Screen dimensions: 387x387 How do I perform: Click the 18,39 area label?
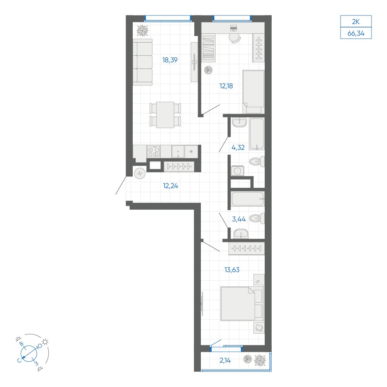(170, 60)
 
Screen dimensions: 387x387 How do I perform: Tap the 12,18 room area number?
(226, 86)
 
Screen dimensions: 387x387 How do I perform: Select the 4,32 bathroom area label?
(238, 147)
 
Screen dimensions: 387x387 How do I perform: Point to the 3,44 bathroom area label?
(239, 219)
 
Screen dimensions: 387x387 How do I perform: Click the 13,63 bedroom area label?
(232, 270)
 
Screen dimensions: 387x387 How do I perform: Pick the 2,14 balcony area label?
(225, 360)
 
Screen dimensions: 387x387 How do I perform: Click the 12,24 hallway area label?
(170, 186)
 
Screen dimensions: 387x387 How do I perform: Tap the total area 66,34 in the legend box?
(356, 33)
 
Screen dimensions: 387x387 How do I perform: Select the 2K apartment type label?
(356, 22)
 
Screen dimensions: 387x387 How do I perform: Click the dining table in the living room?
(165, 115)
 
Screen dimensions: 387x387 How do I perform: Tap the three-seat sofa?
(143, 62)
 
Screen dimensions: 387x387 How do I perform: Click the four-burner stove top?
(154, 151)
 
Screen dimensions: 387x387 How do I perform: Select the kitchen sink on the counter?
(178, 151)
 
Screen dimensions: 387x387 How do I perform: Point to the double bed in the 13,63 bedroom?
(242, 303)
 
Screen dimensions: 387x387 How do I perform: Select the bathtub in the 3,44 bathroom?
(248, 199)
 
